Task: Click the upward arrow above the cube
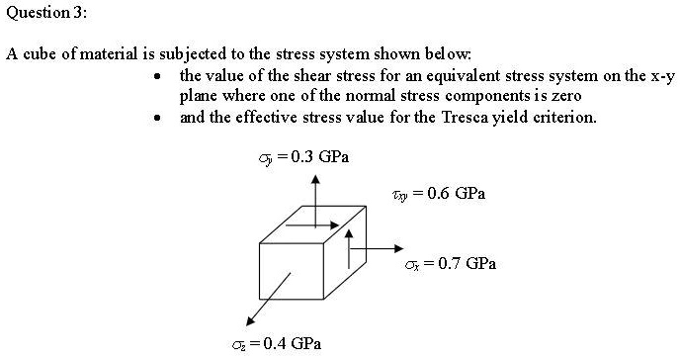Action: pyautogui.click(x=314, y=193)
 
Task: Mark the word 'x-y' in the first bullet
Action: pyautogui.click(x=660, y=76)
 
